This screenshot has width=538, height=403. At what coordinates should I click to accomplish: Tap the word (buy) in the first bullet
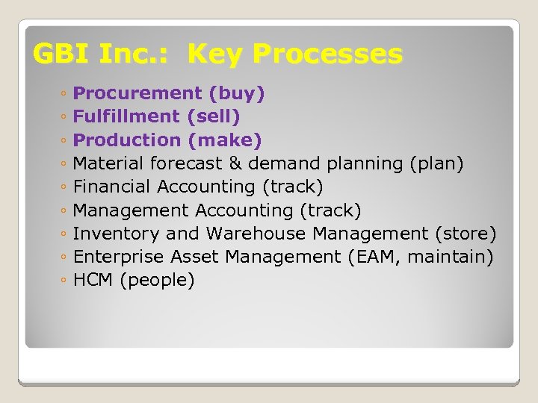click(x=237, y=93)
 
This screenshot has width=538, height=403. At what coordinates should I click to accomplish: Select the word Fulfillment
click(x=127, y=116)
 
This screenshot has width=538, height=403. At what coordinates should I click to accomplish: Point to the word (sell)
click(x=214, y=116)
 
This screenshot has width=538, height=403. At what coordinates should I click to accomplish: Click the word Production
click(x=127, y=140)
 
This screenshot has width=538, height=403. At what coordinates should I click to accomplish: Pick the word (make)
click(x=225, y=140)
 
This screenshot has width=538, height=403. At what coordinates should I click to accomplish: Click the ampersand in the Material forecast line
click(x=235, y=163)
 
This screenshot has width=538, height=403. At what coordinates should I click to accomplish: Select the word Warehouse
click(x=256, y=234)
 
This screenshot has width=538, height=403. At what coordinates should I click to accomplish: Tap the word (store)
click(x=466, y=234)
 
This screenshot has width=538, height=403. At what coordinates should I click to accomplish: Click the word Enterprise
click(x=120, y=257)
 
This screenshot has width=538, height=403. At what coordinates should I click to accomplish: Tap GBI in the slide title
click(x=59, y=54)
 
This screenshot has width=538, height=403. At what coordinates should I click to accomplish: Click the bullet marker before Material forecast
click(x=65, y=164)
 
